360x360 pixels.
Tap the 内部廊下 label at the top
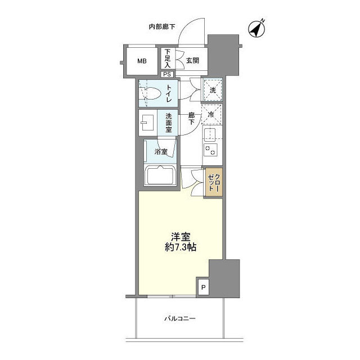pos(161,26)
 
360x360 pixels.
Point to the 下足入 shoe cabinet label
pos(167,59)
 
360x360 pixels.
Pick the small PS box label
pos(167,74)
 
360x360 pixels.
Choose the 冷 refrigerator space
pos(212,114)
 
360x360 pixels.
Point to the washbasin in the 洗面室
pos(148,121)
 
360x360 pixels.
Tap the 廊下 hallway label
pos(191,119)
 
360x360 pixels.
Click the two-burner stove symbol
pos(211,149)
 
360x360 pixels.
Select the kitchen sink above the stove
pos(211,134)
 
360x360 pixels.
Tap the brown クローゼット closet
pos(214,182)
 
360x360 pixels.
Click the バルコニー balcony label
pos(180,319)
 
